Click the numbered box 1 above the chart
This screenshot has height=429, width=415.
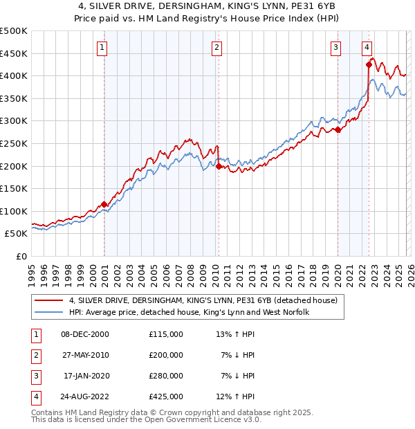click(x=102, y=48)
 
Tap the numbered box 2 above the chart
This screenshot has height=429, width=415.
click(x=216, y=48)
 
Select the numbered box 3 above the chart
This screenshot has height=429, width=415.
click(x=335, y=48)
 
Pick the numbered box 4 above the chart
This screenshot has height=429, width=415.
click(x=367, y=48)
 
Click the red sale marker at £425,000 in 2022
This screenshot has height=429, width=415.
click(x=369, y=65)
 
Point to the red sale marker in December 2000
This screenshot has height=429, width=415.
click(x=104, y=204)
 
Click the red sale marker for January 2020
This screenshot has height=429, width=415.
click(x=338, y=129)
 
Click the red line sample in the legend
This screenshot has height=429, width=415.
click(x=50, y=300)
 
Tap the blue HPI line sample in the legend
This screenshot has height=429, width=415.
click(x=50, y=312)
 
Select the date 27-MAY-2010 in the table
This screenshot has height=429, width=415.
click(x=85, y=355)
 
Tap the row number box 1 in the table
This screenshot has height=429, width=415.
click(x=34, y=334)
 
